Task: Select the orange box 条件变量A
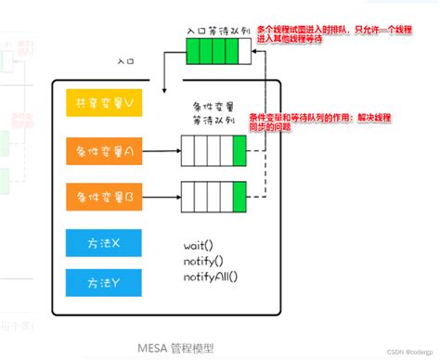tap(105, 148)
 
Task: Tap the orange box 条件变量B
tap(105, 196)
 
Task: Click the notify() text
tap(204, 262)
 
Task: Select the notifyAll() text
tap(211, 276)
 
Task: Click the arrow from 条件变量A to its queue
tap(162, 148)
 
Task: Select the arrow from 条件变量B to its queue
tap(162, 196)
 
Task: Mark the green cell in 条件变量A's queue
tap(239, 148)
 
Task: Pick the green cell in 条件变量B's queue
tap(239, 196)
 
